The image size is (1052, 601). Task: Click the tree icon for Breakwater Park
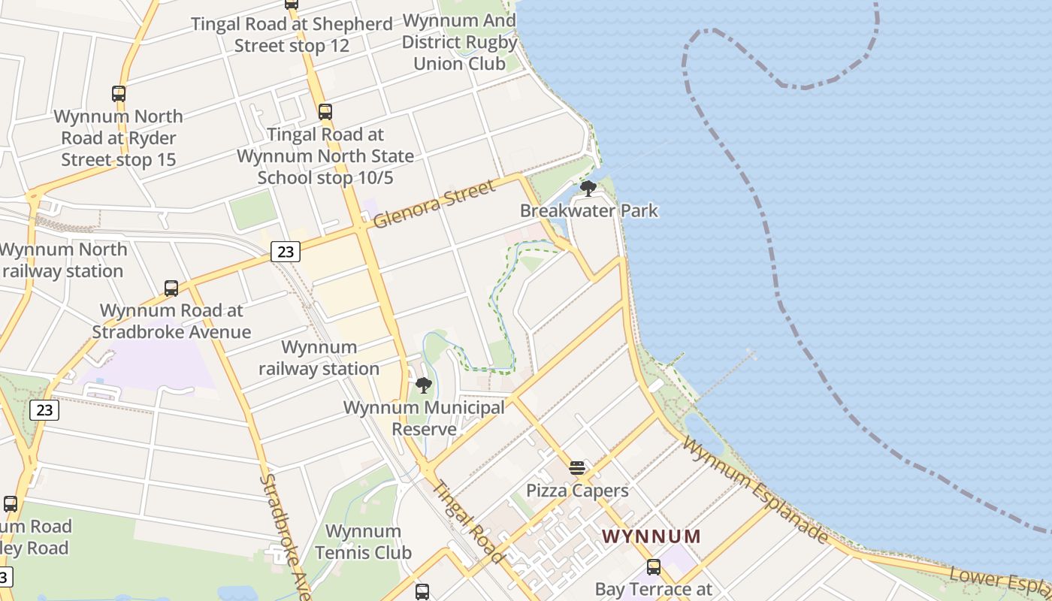point(588,188)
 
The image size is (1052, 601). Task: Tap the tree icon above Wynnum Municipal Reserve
point(424,385)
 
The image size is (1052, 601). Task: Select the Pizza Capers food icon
point(577,468)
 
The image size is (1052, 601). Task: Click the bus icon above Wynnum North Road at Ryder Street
point(119,94)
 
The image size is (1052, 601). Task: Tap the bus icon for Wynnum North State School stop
point(325,112)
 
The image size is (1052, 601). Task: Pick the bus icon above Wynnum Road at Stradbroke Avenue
point(171,288)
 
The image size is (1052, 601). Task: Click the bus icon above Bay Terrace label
point(654,567)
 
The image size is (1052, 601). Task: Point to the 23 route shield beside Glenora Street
point(286,252)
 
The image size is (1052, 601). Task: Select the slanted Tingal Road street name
point(470,521)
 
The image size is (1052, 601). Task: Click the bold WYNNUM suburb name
point(651,536)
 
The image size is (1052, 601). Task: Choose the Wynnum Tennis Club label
point(363,542)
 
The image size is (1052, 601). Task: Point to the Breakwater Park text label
point(589,211)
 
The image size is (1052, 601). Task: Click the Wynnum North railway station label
point(62,260)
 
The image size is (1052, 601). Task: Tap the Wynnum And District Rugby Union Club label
point(460,42)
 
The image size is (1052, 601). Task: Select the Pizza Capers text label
point(577,491)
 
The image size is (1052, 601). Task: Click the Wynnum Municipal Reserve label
point(424,418)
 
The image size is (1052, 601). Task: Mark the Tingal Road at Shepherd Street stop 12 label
point(292,35)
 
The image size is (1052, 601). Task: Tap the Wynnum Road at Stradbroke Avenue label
point(171,321)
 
